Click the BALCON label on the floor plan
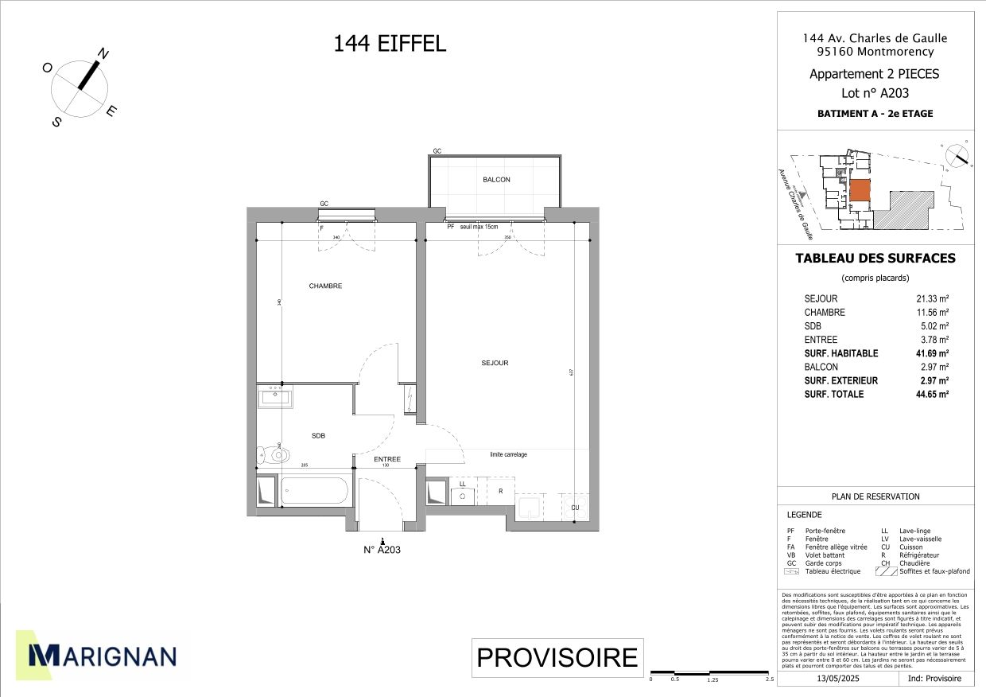[x=496, y=180]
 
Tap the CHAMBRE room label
[x=325, y=286]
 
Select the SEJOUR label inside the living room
[x=495, y=363]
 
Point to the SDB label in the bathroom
[x=318, y=435]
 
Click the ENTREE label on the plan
[x=387, y=460]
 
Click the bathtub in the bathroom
[x=313, y=491]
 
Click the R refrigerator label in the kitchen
[x=500, y=492]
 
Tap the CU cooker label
[x=575, y=507]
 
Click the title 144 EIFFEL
[x=390, y=44]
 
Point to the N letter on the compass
[x=103, y=54]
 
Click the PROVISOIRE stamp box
[x=557, y=657]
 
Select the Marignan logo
[x=102, y=655]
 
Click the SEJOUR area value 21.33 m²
[x=932, y=298]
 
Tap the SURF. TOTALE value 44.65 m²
[x=932, y=394]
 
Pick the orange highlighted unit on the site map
[x=860, y=191]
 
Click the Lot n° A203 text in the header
[x=875, y=92]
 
